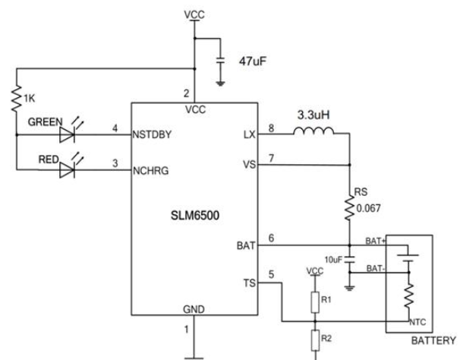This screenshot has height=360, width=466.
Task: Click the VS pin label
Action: (248, 163)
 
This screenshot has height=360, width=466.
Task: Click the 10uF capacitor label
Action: (335, 259)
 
